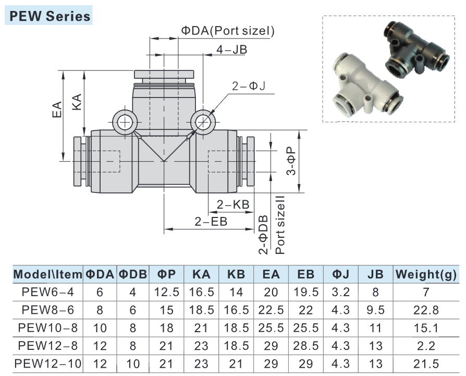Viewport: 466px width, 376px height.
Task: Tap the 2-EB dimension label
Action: pos(211,221)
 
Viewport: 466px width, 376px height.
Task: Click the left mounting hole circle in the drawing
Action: pos(125,123)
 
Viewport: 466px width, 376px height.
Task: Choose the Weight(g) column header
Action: pos(426,274)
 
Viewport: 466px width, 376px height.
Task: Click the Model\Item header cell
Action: pos(48,274)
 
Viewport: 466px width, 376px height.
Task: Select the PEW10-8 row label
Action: pos(48,328)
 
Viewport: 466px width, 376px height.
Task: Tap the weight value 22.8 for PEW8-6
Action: pos(426,310)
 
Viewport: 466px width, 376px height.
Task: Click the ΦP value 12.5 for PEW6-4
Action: pos(167,292)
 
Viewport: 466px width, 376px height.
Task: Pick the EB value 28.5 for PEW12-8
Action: pos(306,346)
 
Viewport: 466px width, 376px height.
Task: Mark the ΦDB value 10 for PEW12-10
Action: pos(133,364)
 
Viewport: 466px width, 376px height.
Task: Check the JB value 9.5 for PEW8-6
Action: pos(375,310)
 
